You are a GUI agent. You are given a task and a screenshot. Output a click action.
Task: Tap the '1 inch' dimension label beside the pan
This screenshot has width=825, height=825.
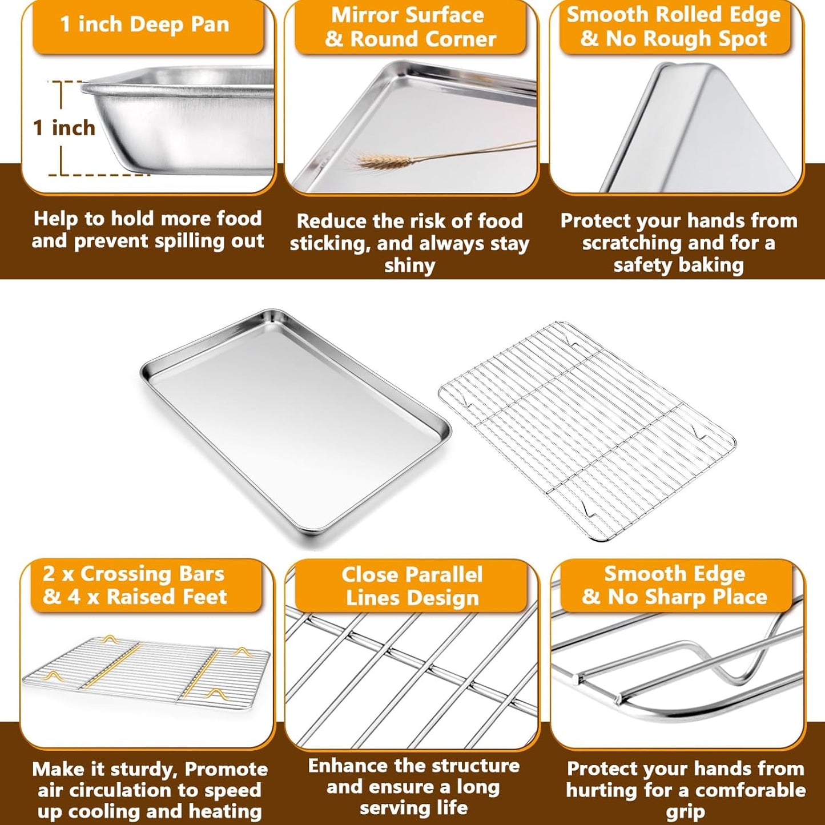point(64,128)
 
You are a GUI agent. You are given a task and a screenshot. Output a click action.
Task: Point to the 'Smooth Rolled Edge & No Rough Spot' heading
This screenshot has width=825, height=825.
point(674,26)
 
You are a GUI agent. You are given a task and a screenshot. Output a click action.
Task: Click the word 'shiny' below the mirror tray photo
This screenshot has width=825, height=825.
point(409,265)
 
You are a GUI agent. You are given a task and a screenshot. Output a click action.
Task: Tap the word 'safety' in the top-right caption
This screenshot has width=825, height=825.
point(642,265)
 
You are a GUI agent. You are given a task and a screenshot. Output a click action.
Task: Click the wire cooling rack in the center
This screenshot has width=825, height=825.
point(587,431)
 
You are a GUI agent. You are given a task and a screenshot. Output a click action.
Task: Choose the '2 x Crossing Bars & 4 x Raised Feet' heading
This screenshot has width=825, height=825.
point(135,585)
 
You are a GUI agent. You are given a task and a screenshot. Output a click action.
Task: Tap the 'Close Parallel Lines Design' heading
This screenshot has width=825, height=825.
point(412,586)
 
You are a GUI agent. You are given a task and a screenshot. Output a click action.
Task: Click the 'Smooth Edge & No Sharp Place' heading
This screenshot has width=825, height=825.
point(674,585)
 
